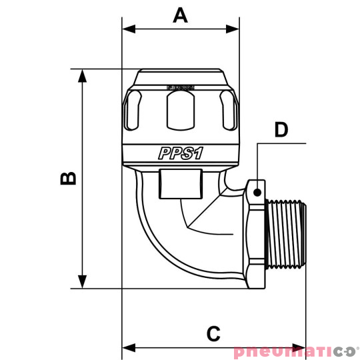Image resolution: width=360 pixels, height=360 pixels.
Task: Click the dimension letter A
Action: pos(180,15)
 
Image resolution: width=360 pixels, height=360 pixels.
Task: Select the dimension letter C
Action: pos(213,333)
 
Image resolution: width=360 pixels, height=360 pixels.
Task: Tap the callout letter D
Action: pos(281,129)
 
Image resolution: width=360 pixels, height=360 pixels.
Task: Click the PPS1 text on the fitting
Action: pos(180,153)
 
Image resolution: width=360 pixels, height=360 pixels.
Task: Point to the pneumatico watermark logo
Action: pos(296,351)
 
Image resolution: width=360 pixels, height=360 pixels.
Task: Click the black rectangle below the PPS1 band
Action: pos(180,185)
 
